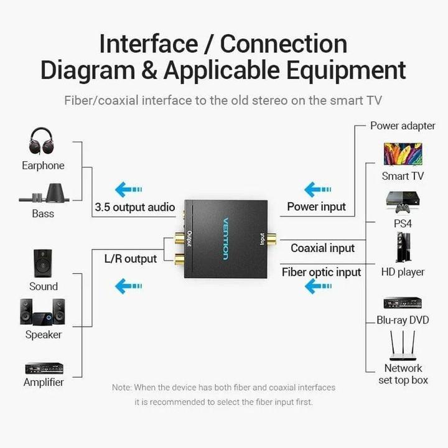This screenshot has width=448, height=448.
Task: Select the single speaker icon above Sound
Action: (43, 264)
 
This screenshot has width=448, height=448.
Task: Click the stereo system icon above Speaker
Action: (42, 312)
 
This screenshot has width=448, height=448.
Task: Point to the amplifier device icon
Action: (44, 368)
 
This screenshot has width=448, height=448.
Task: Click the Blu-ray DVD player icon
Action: (403, 302)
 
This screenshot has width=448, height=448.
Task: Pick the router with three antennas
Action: (403, 345)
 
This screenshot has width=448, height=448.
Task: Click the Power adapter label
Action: (403, 126)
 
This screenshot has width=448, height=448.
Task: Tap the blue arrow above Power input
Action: (317, 189)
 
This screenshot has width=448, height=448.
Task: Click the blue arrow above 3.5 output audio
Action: (129, 189)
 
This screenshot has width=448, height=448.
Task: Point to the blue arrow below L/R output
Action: (129, 286)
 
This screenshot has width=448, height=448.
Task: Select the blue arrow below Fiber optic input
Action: (317, 286)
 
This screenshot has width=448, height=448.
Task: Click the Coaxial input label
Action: (322, 248)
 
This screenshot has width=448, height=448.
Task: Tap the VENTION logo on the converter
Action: (225, 239)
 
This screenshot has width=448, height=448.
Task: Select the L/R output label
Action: (130, 259)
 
